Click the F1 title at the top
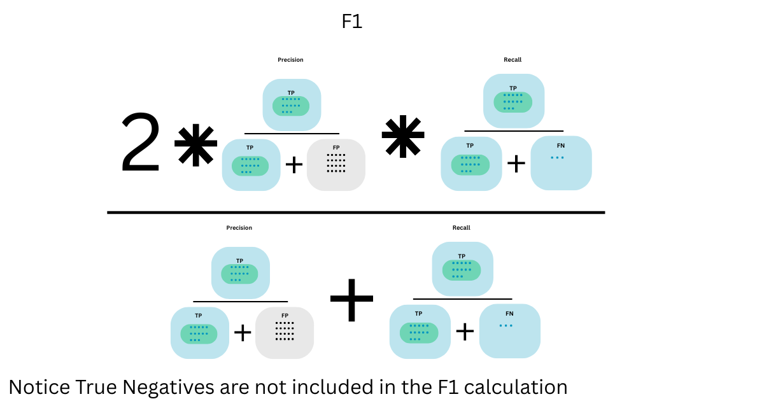(x=352, y=22)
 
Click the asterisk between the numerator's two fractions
(x=402, y=135)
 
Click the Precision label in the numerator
(x=290, y=60)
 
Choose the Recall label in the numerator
(x=513, y=60)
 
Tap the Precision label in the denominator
(x=239, y=228)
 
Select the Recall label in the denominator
(x=462, y=228)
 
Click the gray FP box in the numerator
(x=336, y=164)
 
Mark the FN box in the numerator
(x=561, y=163)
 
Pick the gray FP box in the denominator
(x=285, y=332)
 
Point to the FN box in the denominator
(x=509, y=330)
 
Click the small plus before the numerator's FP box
(x=294, y=165)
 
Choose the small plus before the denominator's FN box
(x=465, y=332)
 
